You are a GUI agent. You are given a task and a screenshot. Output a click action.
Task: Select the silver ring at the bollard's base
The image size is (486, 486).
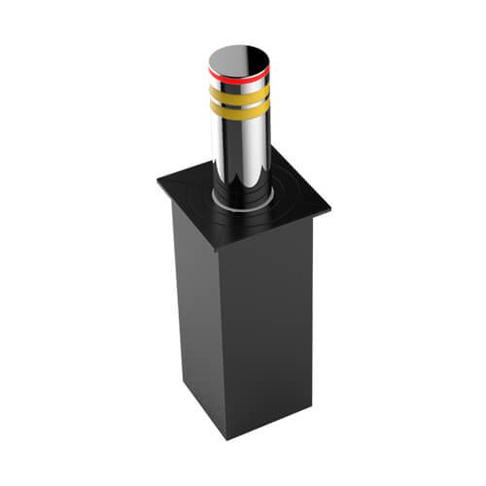pos(239,203)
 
